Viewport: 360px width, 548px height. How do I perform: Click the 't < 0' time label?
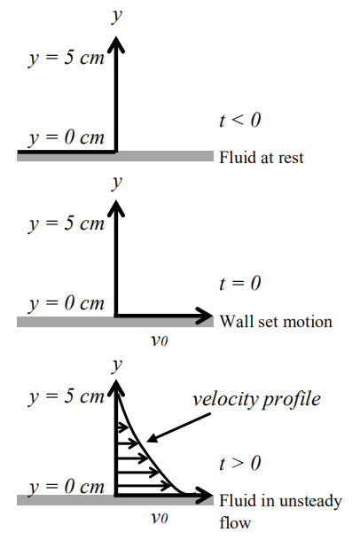(x=239, y=121)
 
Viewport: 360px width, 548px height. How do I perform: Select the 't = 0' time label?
(x=239, y=284)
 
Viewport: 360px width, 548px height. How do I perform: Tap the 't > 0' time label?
(x=239, y=464)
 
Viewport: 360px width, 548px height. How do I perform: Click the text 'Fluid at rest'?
(x=262, y=158)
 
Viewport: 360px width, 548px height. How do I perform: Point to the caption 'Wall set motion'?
(x=276, y=321)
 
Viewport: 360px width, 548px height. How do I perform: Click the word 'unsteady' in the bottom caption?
(x=313, y=501)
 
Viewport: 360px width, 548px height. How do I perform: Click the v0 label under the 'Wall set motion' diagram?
(x=160, y=339)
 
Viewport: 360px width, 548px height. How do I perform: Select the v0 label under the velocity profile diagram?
(x=160, y=518)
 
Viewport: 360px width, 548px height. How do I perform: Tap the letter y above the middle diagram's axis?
(x=115, y=184)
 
